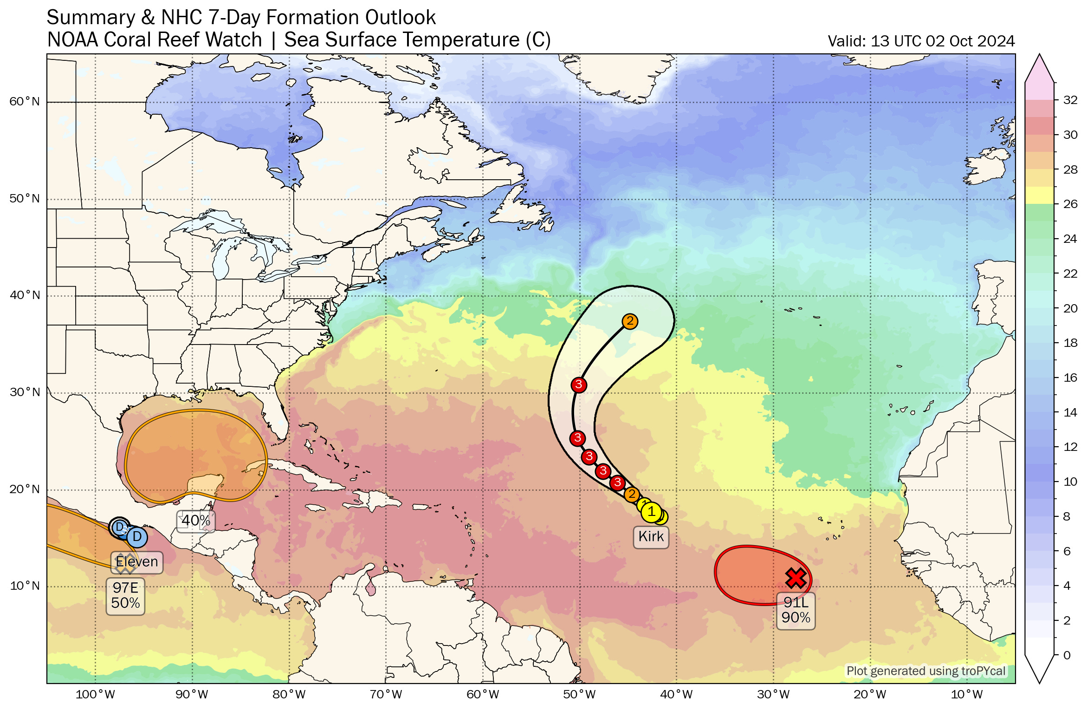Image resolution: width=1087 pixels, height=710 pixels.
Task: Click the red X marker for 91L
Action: coord(796,578)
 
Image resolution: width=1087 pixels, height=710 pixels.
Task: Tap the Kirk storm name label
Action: coord(651,536)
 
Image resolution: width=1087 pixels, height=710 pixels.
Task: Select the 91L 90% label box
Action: coord(796,610)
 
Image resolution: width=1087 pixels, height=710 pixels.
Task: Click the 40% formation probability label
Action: coord(196,521)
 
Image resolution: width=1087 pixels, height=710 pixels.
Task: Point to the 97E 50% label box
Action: coord(125,595)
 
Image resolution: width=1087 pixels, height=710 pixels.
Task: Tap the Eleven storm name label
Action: coord(137,562)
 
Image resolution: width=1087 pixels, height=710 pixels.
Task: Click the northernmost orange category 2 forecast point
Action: coord(630,321)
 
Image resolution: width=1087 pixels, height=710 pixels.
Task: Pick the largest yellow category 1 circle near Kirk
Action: coord(651,512)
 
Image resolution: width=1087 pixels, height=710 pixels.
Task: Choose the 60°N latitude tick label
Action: coord(25,101)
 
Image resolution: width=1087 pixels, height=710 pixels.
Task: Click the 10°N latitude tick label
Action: coord(25,586)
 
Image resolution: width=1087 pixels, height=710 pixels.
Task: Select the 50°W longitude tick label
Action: coord(579,695)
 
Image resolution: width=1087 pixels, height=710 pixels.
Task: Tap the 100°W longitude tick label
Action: coord(95,695)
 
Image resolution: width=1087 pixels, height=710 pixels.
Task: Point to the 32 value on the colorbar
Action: coord(1070,100)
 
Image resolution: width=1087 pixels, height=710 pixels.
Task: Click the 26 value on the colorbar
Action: coord(1070,204)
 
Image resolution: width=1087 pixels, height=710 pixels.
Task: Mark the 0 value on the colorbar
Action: coord(1067,655)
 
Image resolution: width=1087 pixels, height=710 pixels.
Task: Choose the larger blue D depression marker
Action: coord(136,537)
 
